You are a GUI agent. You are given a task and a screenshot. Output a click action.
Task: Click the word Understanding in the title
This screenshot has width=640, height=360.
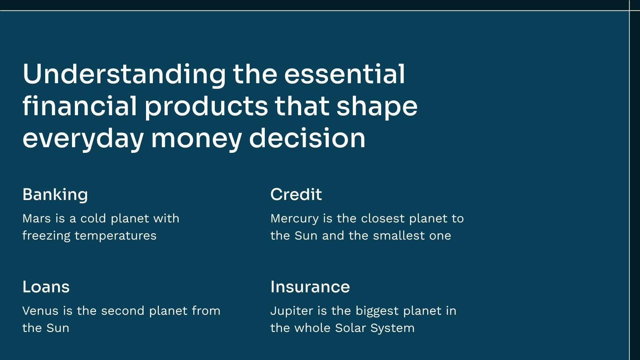pyautogui.click(x=124, y=74)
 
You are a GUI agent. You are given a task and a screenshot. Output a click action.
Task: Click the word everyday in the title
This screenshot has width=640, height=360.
pyautogui.click(x=83, y=140)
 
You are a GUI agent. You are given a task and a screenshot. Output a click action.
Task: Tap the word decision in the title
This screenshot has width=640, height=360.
pyautogui.click(x=307, y=138)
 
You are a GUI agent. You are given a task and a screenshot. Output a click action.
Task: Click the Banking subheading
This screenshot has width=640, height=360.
pyautogui.click(x=55, y=195)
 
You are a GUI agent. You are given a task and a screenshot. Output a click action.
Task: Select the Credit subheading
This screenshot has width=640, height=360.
pyautogui.click(x=296, y=194)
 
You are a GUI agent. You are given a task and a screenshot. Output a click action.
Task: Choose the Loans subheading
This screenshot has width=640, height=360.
pyautogui.click(x=46, y=286)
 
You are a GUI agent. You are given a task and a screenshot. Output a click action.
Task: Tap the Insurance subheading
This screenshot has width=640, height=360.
pyautogui.click(x=310, y=286)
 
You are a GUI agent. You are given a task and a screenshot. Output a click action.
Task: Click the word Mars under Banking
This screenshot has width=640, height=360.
pyautogui.click(x=36, y=218)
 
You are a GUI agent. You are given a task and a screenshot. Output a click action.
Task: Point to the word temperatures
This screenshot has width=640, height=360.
pyautogui.click(x=116, y=236)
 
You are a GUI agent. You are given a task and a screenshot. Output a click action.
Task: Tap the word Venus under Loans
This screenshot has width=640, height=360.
pyautogui.click(x=40, y=311)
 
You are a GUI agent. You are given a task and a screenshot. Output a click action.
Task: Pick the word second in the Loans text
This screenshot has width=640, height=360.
pyautogui.click(x=123, y=310)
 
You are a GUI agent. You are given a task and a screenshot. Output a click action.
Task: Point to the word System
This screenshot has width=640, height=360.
pyautogui.click(x=392, y=328)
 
